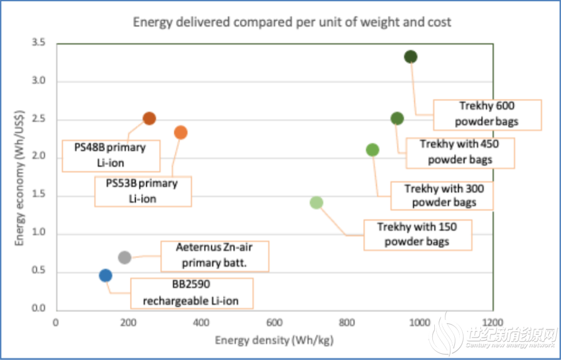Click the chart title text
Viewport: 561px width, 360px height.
[292, 22]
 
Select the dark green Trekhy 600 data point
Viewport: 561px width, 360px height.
[410, 57]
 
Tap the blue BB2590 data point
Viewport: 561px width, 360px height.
[106, 276]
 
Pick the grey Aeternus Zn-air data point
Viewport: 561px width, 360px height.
[124, 257]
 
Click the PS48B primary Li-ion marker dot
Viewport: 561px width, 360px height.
[149, 119]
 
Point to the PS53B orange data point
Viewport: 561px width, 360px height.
[181, 132]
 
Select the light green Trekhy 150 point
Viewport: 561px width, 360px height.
[316, 202]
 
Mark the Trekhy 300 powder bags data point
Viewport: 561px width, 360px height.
[372, 150]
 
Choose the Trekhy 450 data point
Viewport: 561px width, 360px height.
[397, 119]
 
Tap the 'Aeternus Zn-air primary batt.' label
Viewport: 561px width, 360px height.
[215, 256]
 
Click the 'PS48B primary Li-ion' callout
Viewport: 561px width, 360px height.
[110, 156]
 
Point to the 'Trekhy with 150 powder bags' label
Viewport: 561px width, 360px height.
[417, 234]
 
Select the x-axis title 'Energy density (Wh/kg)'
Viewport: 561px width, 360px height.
[274, 341]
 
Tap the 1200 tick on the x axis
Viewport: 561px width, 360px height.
[493, 323]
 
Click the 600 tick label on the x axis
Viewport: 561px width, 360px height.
[275, 323]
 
